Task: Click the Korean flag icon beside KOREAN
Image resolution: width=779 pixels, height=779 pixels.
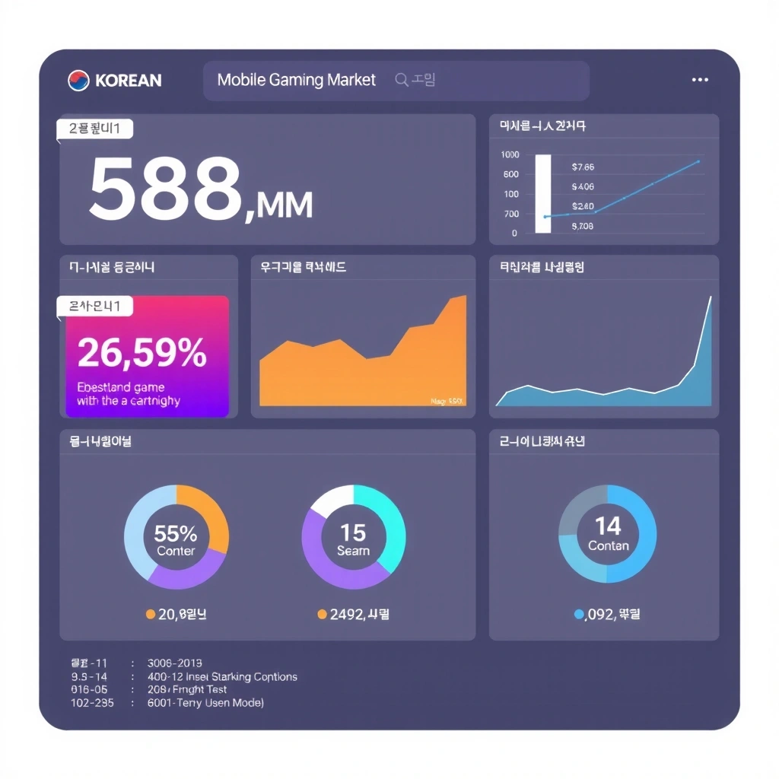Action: (78, 81)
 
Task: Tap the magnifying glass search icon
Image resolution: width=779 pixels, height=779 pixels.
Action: (402, 80)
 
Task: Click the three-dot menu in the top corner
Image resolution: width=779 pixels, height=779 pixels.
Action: (700, 80)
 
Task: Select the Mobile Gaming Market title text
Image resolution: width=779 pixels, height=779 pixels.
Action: (296, 80)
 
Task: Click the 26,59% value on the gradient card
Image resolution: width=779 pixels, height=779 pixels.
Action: (141, 352)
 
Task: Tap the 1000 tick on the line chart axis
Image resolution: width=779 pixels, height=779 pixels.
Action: (510, 154)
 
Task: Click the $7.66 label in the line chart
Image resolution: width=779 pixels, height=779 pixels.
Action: (582, 167)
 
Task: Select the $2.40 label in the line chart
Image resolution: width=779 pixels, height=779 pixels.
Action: (582, 206)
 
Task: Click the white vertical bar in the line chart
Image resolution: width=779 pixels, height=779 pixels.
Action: (543, 193)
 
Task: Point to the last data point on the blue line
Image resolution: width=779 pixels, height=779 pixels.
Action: (698, 161)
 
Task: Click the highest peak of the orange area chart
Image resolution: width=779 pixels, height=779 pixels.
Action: (463, 296)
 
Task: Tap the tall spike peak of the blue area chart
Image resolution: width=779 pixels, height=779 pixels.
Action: (711, 297)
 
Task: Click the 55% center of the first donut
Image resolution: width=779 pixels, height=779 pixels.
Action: (176, 533)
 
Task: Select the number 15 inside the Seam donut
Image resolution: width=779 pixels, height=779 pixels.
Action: (353, 532)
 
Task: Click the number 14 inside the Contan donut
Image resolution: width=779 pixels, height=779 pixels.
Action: (608, 526)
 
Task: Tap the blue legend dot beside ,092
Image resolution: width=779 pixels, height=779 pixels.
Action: (579, 614)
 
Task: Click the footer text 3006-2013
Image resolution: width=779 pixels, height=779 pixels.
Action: (174, 663)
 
